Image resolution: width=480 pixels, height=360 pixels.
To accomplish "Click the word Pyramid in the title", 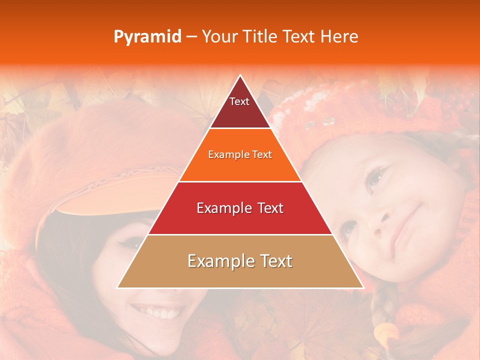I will click(147, 37).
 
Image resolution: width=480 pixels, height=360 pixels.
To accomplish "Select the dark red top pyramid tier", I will click(239, 107).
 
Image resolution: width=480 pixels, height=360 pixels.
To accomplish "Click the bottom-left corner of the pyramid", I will click(118, 287).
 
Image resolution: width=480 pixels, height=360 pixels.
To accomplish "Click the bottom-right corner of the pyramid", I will click(363, 287).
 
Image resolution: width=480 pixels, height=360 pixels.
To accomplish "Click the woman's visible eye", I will click(131, 243).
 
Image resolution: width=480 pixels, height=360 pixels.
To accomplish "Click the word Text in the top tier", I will click(239, 101).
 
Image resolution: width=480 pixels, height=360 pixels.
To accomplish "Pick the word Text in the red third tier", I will click(267, 208).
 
